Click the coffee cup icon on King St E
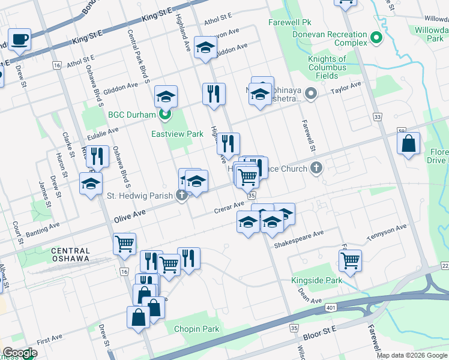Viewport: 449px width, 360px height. (x=20, y=40)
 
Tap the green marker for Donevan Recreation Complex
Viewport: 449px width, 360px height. (x=376, y=38)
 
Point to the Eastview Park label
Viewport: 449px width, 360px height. (x=177, y=134)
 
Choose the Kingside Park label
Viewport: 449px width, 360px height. (x=316, y=281)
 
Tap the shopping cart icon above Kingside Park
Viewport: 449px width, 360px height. (x=350, y=260)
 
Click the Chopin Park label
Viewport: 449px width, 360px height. (x=196, y=329)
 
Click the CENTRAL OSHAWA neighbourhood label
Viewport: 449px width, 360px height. (x=70, y=255)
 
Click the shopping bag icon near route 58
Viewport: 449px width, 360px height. (x=408, y=144)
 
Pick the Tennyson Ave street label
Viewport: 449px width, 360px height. (x=387, y=231)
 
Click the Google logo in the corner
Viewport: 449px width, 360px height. (x=20, y=353)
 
